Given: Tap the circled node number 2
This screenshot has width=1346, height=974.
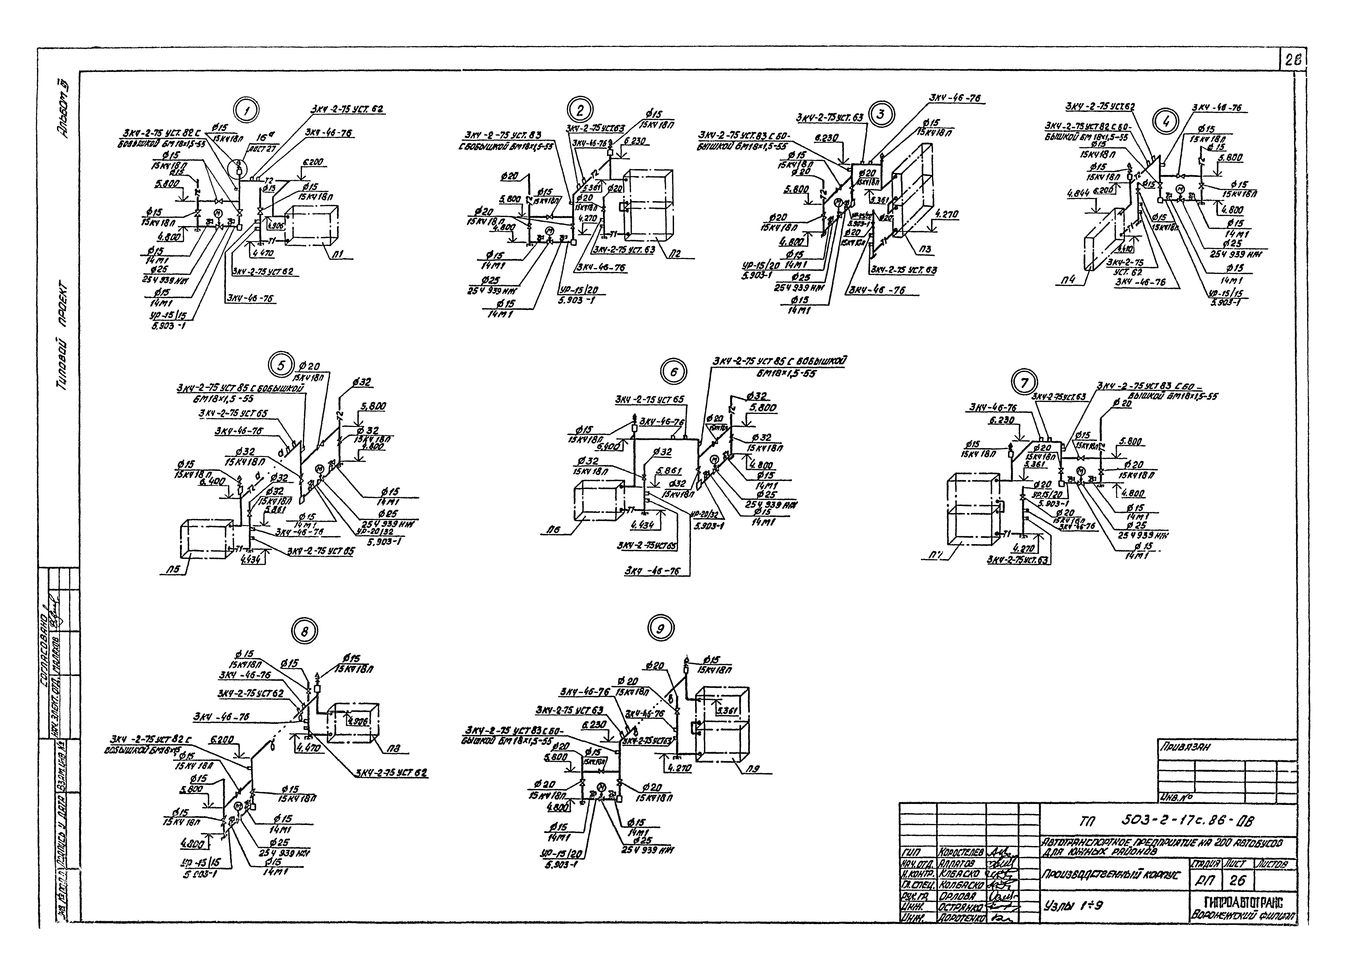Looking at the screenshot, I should (x=580, y=110).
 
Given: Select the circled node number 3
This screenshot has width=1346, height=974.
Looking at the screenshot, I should (x=881, y=114).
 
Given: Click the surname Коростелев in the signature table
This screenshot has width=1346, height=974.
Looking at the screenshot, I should (x=960, y=853).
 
